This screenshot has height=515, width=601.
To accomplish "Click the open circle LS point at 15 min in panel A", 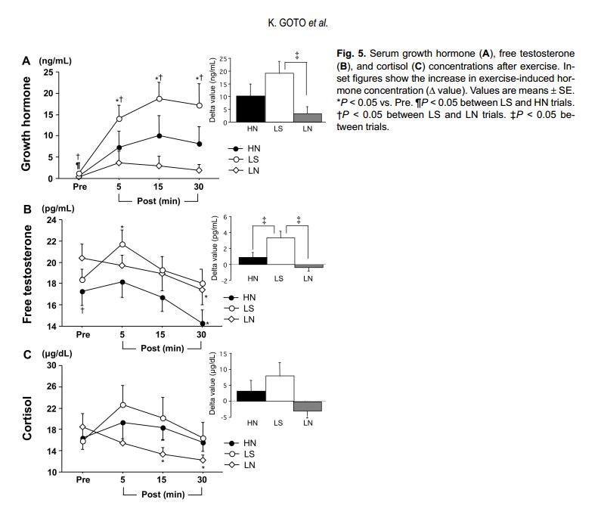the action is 159,98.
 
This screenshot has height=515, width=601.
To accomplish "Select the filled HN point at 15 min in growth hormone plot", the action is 159,136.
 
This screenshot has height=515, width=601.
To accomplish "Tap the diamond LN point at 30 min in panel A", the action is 199,170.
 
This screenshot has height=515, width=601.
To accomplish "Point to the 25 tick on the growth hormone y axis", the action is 48,72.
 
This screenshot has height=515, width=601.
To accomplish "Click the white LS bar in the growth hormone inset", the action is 280,98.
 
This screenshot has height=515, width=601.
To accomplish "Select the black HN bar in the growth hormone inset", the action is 251,109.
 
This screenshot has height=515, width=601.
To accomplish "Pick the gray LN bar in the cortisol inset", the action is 308,406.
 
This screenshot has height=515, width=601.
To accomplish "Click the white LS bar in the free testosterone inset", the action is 280,251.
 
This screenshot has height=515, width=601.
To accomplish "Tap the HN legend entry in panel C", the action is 240,443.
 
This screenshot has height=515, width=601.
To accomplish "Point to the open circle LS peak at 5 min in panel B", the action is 122,244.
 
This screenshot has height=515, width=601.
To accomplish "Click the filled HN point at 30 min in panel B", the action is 203,324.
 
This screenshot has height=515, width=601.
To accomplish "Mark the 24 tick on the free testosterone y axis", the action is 51,220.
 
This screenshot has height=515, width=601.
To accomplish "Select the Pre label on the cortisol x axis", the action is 83,479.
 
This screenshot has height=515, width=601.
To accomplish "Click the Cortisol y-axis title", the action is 26,418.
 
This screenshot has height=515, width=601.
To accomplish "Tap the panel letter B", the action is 27,209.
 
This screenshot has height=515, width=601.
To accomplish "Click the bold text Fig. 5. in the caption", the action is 352,53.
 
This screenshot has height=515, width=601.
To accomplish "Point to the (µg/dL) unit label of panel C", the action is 57,354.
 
